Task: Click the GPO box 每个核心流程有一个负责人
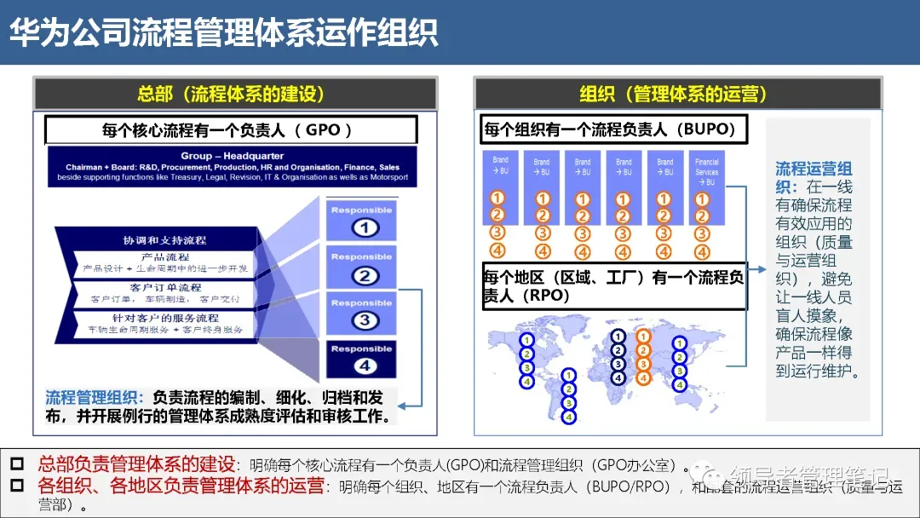pos(230,130)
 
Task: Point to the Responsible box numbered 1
pos(361,220)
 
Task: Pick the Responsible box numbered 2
pos(361,267)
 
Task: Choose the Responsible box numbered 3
pos(361,313)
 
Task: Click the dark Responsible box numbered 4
pos(361,359)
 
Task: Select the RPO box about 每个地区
pos(614,286)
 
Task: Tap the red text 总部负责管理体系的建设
pos(136,465)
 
